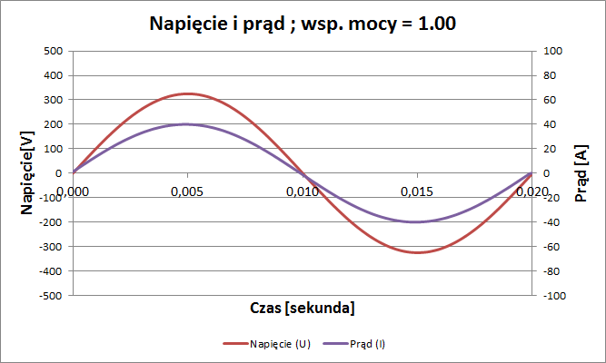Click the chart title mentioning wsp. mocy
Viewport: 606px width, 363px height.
coord(303,24)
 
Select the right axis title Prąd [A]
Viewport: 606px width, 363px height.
coord(581,172)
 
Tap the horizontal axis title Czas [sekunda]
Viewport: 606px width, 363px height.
coord(303,308)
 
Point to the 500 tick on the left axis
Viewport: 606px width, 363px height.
coord(52,51)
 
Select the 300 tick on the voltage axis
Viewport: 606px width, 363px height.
coord(52,100)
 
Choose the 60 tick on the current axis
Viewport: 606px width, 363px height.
coord(550,100)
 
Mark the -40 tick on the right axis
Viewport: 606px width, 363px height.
coord(551,222)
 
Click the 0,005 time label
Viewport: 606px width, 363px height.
coord(187,191)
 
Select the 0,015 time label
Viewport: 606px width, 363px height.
coord(417,191)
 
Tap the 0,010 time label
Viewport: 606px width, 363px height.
coord(303,191)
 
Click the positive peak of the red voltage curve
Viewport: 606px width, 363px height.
coord(187,93)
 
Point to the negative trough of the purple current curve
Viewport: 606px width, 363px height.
coord(417,221)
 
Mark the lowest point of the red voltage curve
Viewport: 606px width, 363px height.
coord(417,252)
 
